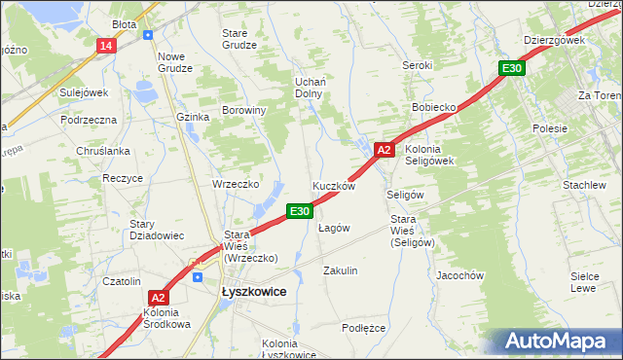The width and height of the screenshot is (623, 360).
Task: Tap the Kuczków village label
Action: tap(333, 185)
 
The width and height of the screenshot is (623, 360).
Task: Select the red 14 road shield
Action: tap(106, 46)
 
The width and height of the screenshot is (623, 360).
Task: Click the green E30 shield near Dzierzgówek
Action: tap(512, 68)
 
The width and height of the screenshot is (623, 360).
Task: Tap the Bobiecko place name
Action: tap(434, 105)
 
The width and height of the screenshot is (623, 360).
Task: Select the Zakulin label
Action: tap(341, 270)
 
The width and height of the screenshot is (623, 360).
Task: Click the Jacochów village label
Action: tap(460, 275)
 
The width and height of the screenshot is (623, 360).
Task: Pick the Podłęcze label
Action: tap(363, 328)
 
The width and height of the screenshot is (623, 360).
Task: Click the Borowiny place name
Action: tap(244, 110)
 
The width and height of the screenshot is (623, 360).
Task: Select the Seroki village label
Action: tap(417, 65)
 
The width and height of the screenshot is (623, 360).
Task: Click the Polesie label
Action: tap(550, 128)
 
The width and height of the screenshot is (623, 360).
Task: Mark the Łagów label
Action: tap(334, 228)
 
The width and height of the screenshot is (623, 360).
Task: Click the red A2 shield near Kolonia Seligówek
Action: tap(384, 150)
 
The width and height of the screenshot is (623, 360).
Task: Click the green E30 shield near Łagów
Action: tap(299, 210)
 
